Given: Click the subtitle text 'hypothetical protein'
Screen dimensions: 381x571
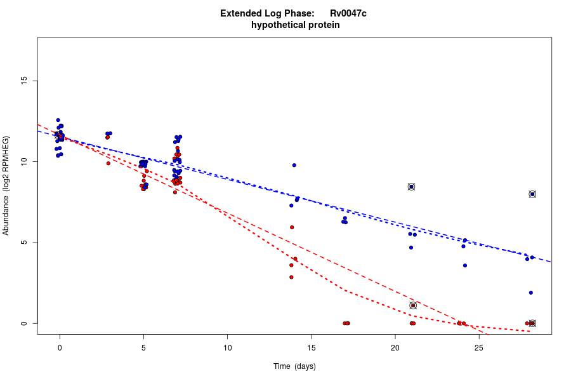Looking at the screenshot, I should click(295, 25).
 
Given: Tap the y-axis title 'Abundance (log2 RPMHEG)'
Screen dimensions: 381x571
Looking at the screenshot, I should click(6, 185).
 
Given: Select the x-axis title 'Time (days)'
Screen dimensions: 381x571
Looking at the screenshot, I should click(294, 366).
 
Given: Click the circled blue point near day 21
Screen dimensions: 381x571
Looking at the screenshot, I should click(411, 187).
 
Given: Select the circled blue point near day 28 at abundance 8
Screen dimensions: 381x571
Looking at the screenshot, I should click(532, 194).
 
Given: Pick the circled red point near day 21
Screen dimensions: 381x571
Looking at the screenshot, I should click(413, 305).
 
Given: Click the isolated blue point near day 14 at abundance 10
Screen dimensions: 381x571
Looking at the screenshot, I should click(294, 165).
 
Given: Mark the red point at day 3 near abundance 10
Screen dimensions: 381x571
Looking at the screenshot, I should click(108, 163).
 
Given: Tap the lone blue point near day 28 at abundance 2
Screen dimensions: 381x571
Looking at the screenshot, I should click(531, 293).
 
